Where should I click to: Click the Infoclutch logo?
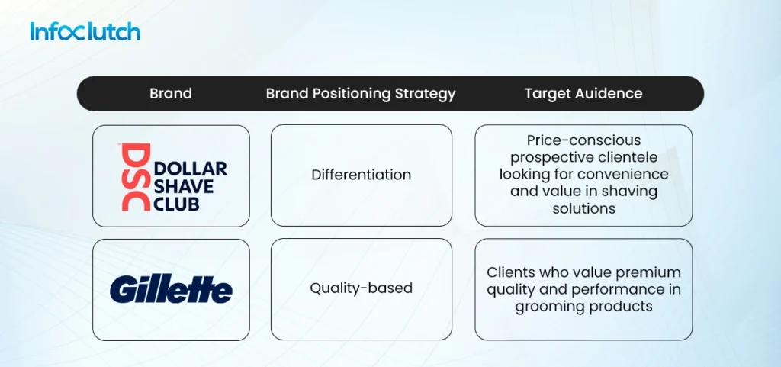(85, 32)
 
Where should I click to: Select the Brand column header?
(170, 94)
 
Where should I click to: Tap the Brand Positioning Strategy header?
(361, 94)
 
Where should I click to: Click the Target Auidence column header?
(583, 94)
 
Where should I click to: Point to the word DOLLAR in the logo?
(191, 169)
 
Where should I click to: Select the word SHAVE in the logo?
(185, 186)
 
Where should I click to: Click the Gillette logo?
(171, 290)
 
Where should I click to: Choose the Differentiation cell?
(361, 175)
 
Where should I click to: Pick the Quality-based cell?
(361, 288)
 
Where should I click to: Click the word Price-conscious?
(583, 140)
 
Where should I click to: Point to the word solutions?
(583, 208)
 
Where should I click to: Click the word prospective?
(554, 157)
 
